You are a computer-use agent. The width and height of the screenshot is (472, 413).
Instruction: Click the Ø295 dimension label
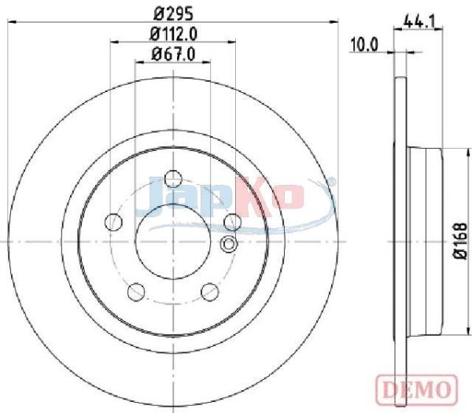coord(173,13)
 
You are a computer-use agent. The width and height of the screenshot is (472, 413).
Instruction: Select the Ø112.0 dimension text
coord(173,34)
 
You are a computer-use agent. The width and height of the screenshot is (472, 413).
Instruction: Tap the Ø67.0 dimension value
coord(173,54)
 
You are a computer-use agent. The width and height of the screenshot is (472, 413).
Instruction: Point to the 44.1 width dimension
coord(419,21)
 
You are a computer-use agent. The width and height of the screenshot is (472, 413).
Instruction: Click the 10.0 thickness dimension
coord(364,45)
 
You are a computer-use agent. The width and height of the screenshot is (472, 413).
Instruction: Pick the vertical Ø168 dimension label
coord(460,241)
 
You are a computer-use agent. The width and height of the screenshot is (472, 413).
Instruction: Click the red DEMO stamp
coord(417,390)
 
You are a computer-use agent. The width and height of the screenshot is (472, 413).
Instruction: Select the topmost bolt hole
coord(173,179)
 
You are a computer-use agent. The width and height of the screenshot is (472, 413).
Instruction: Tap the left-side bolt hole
coord(113,222)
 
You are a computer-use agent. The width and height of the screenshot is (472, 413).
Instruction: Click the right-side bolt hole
coord(233,222)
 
